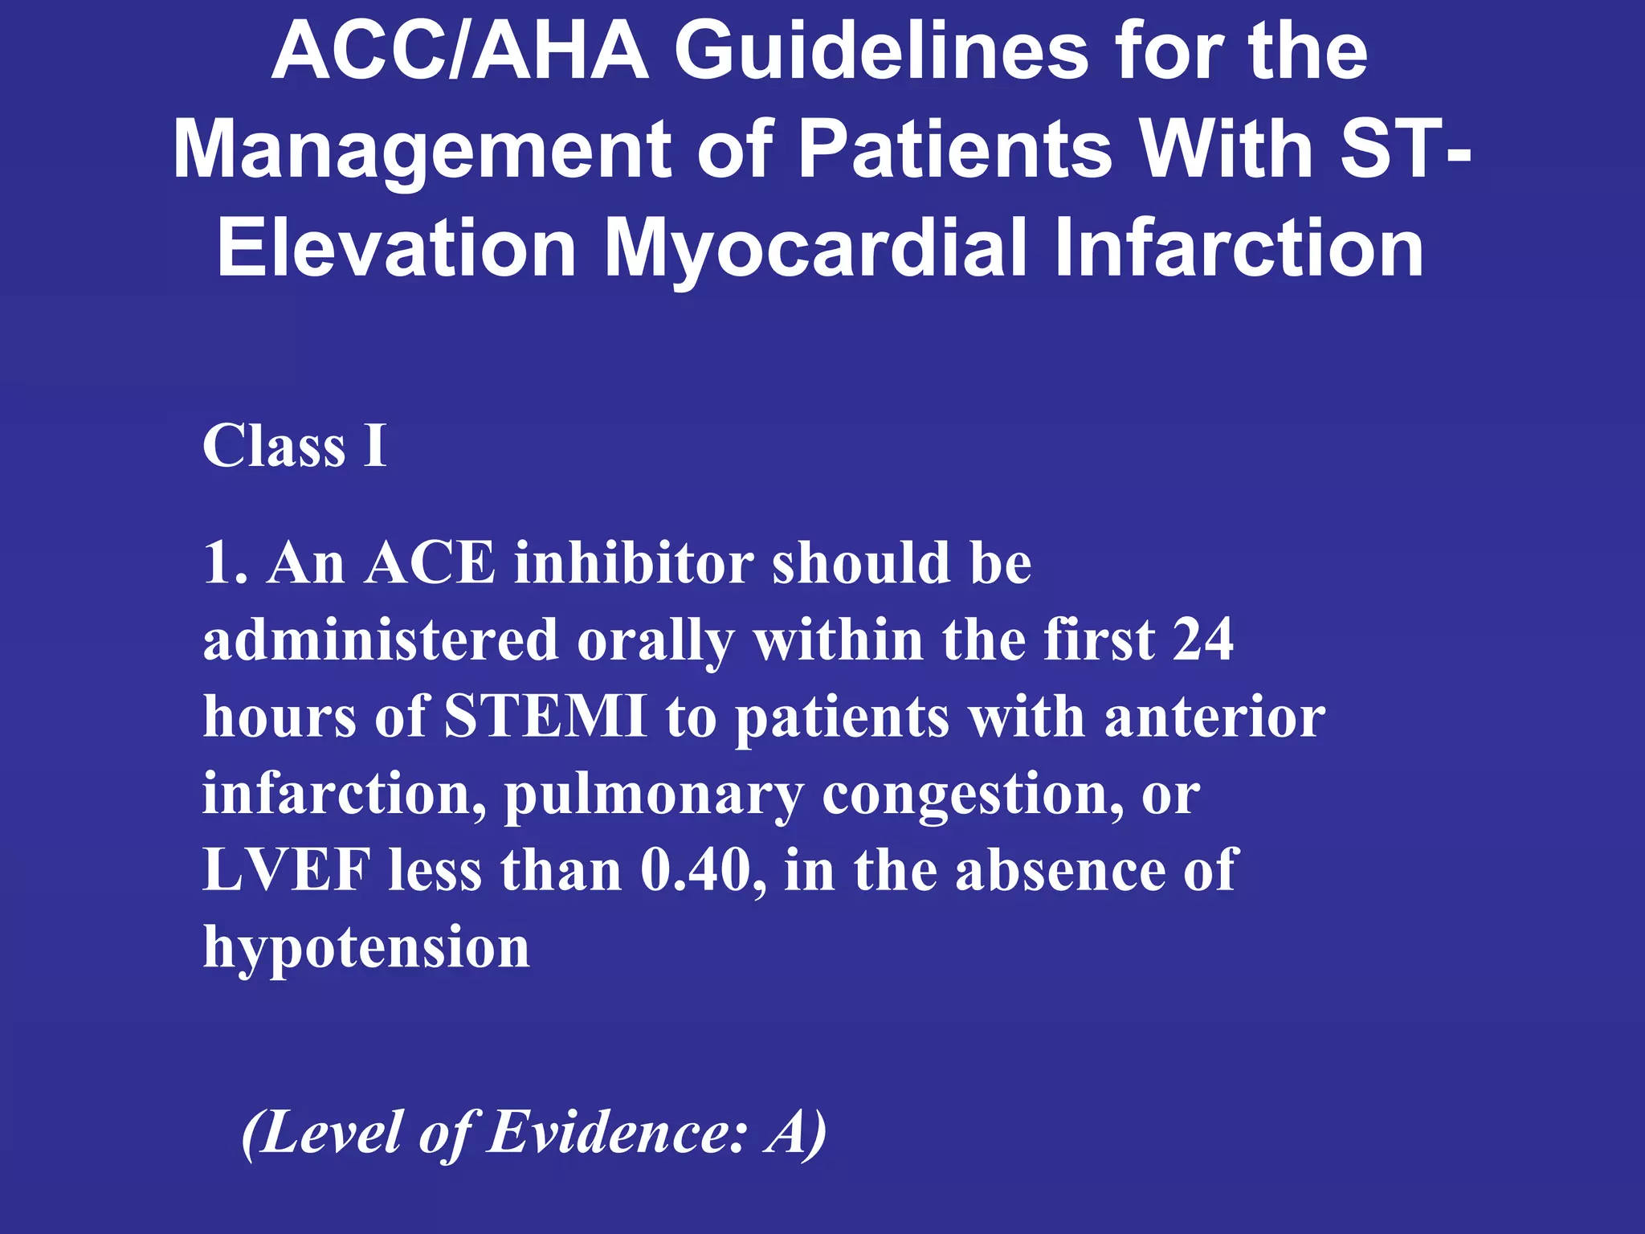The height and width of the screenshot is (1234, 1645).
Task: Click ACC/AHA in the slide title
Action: click(459, 51)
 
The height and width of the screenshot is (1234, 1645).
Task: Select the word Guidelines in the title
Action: click(881, 51)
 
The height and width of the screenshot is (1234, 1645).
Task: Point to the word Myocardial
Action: click(815, 248)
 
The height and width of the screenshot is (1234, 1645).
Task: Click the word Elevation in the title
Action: click(397, 248)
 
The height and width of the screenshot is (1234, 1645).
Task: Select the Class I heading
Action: click(294, 446)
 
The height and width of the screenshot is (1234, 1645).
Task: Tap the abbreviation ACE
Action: click(430, 562)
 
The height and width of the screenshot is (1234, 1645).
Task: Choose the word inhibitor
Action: click(634, 562)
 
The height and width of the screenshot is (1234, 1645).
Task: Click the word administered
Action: click(380, 640)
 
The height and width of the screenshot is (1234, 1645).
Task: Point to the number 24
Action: click(1202, 640)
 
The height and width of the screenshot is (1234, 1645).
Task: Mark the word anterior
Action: click(1214, 717)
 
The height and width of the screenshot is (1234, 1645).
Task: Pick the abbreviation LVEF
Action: click(287, 870)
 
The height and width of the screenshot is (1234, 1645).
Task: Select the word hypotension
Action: click(366, 948)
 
